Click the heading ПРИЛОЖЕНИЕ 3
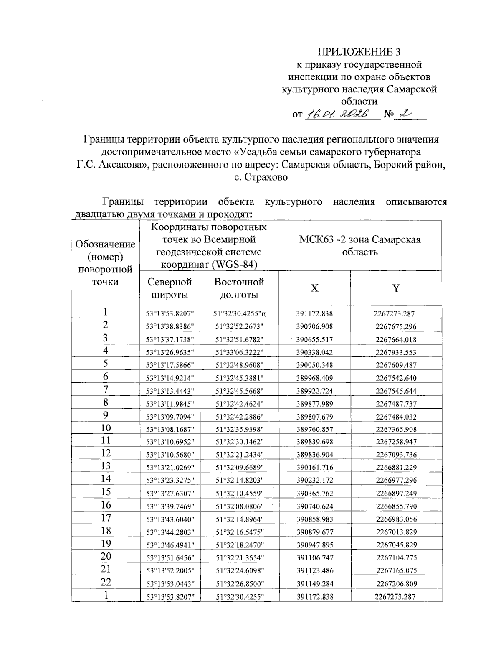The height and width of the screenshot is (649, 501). (359, 52)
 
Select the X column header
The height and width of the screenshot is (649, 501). (314, 288)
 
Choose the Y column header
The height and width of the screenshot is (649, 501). (396, 288)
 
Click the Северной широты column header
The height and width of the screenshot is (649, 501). (170, 288)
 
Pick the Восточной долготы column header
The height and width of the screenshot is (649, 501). (239, 288)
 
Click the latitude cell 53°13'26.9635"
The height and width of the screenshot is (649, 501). (170, 352)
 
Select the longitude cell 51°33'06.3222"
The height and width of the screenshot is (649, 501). (240, 352)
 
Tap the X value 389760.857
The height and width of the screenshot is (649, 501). (314, 429)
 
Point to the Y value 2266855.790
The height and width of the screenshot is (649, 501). (396, 506)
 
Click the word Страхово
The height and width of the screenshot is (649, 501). (266, 177)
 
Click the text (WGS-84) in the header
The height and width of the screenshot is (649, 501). (234, 265)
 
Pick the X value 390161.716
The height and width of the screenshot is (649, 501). (314, 468)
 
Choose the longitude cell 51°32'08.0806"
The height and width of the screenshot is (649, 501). (240, 506)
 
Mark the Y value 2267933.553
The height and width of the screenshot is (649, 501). (396, 352)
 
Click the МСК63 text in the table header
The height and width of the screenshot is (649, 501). (313, 239)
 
